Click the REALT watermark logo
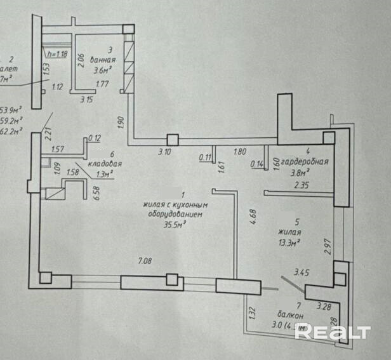(333, 331)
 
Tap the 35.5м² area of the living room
(173, 223)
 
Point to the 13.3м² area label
(288, 242)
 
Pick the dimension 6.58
(97, 193)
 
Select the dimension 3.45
(302, 273)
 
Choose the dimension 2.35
(302, 185)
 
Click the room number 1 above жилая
(183, 196)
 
